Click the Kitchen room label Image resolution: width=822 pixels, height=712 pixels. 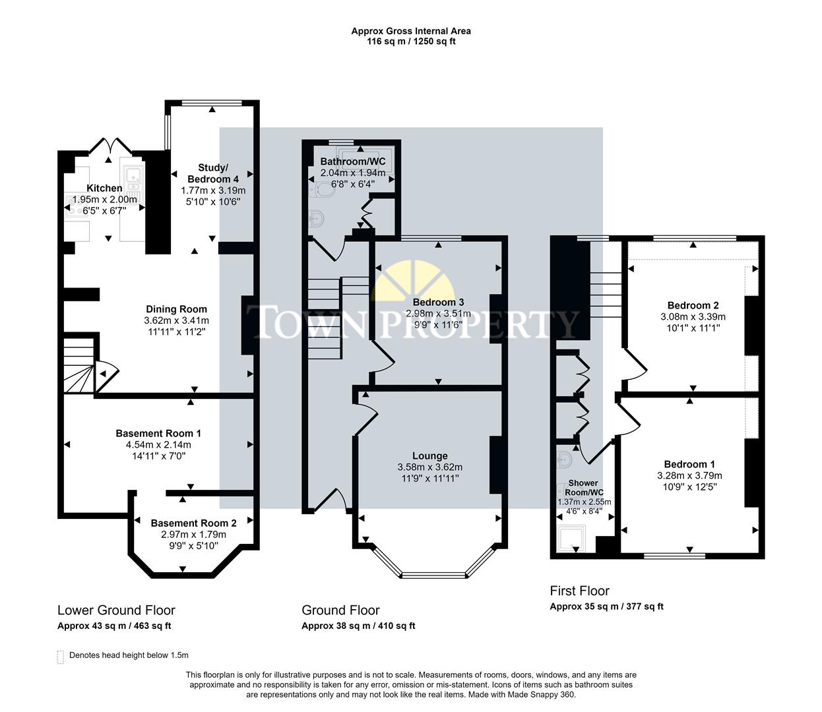(x=105, y=188)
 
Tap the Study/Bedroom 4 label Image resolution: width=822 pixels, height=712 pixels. (x=213, y=173)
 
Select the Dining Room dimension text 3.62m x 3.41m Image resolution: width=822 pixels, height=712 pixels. (x=176, y=320)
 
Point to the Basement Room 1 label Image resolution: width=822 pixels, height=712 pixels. (x=158, y=433)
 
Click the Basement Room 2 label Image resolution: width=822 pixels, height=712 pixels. (x=193, y=523)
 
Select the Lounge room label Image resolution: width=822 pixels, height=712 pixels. (x=429, y=456)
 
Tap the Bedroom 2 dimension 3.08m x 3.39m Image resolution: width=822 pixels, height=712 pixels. (x=693, y=316)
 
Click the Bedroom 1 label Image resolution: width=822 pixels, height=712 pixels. (x=689, y=464)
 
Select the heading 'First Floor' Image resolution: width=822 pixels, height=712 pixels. (x=579, y=591)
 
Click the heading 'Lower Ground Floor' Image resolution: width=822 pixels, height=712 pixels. (x=116, y=610)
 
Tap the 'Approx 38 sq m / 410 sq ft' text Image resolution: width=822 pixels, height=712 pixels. (x=358, y=626)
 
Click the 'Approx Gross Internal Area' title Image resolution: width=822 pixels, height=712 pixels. (x=410, y=30)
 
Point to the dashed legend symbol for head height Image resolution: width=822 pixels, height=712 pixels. (x=61, y=656)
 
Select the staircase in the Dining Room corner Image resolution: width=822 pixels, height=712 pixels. (x=79, y=366)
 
